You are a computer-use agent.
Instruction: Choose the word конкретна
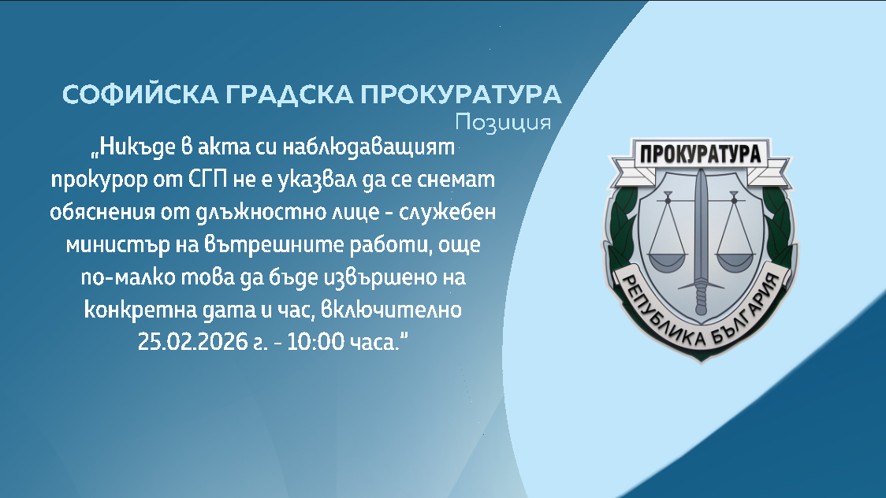[x=128, y=309]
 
